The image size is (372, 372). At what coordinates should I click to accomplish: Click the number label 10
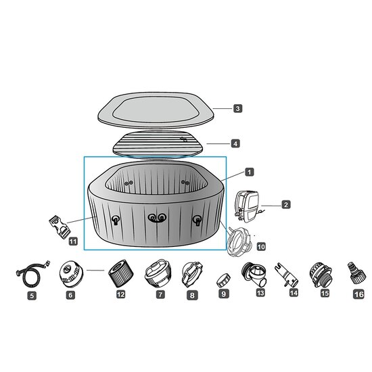click(x=261, y=247)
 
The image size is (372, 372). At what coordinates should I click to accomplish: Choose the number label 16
click(x=358, y=294)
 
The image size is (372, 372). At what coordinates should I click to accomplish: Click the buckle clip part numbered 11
click(x=58, y=223)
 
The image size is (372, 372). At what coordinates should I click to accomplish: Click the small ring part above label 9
click(x=224, y=277)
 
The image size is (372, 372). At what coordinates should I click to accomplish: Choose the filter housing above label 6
click(x=70, y=275)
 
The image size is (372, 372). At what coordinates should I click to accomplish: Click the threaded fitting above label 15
click(x=319, y=274)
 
